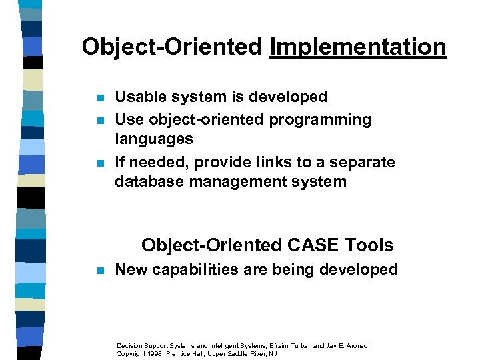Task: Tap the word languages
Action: [154, 139]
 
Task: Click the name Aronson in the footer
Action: [356, 345]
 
